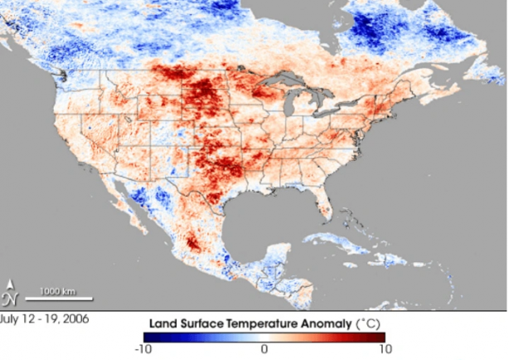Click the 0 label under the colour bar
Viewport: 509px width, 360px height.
pyautogui.click(x=264, y=349)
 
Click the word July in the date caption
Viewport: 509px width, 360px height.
pyautogui.click(x=12, y=317)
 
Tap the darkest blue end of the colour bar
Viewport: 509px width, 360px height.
pyautogui.click(x=145, y=337)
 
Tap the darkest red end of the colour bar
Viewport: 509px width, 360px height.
pyautogui.click(x=383, y=337)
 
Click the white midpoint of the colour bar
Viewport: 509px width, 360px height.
pyautogui.click(x=264, y=337)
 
